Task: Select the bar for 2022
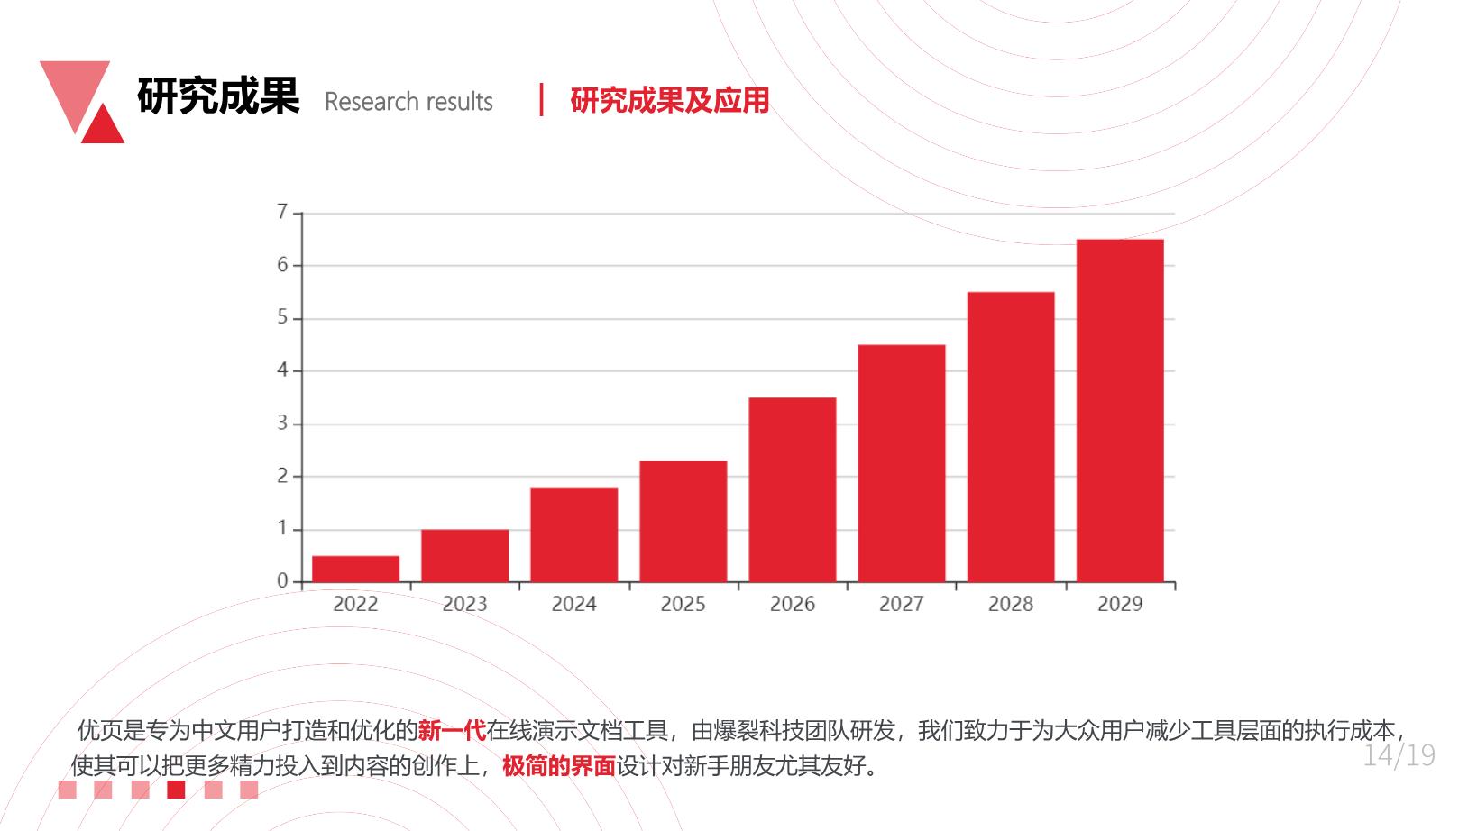click(x=355, y=569)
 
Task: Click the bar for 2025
click(x=683, y=521)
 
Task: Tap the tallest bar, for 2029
click(x=1120, y=411)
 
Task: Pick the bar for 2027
click(x=902, y=463)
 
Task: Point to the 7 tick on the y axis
click(x=282, y=212)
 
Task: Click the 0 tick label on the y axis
click(x=282, y=580)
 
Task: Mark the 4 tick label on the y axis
click(x=282, y=370)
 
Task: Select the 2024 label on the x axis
click(x=573, y=604)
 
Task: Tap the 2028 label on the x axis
click(x=1010, y=604)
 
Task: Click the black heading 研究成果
click(x=218, y=96)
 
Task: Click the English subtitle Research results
click(x=408, y=102)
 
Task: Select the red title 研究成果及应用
click(x=670, y=100)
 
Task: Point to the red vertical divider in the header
click(x=541, y=99)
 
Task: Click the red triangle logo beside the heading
click(x=104, y=126)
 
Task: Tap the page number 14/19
click(x=1399, y=756)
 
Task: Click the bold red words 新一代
click(x=452, y=730)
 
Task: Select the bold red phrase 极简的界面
click(x=558, y=766)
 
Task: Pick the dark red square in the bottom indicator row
click(x=176, y=790)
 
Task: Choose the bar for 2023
click(x=465, y=555)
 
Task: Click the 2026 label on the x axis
click(x=792, y=604)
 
